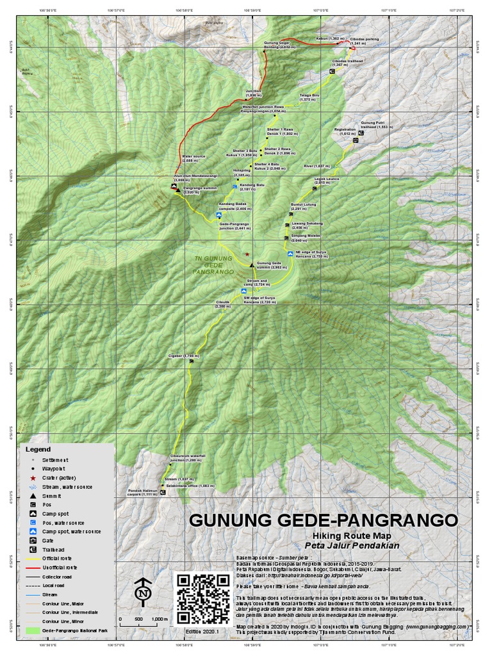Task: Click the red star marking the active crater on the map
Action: [247, 254]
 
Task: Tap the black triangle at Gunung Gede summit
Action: [252, 264]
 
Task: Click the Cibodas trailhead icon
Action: [332, 72]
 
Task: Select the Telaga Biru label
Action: [309, 97]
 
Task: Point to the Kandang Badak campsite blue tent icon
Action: [219, 216]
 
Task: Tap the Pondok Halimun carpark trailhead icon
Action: [162, 493]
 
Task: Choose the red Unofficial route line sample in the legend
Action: [32, 568]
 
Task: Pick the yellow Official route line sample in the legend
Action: [32, 559]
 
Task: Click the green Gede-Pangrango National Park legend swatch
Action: [32, 630]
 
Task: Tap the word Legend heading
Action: [38, 449]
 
